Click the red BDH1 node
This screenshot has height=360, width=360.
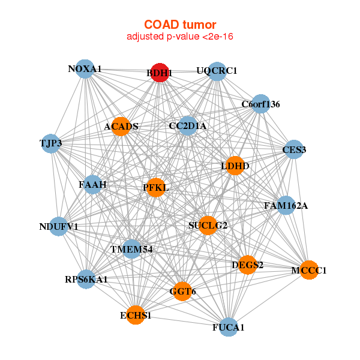click(x=160, y=73)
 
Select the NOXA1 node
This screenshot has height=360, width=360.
click(x=85, y=69)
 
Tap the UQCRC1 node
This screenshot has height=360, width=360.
click(x=217, y=71)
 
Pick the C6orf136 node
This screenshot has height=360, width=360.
click(x=261, y=104)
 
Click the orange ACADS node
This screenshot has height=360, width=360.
click(x=121, y=127)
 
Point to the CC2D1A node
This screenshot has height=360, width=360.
click(x=188, y=125)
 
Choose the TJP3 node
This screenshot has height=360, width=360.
click(x=51, y=144)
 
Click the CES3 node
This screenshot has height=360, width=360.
click(x=294, y=149)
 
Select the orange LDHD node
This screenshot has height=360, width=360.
click(x=235, y=166)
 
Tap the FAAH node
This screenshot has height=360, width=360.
click(x=93, y=185)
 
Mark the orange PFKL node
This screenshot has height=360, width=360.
click(x=156, y=187)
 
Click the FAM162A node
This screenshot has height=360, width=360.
click(x=286, y=205)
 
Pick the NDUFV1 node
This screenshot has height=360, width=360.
click(x=59, y=226)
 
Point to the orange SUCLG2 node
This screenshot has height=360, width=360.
click(x=208, y=226)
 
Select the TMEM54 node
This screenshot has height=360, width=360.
click(x=131, y=249)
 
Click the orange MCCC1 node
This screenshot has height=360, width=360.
click(x=309, y=270)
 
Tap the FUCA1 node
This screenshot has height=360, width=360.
click(x=229, y=327)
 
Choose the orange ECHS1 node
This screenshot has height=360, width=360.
click(x=136, y=315)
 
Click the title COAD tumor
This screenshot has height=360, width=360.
click(x=180, y=25)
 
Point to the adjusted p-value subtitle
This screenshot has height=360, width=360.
click(x=180, y=37)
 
